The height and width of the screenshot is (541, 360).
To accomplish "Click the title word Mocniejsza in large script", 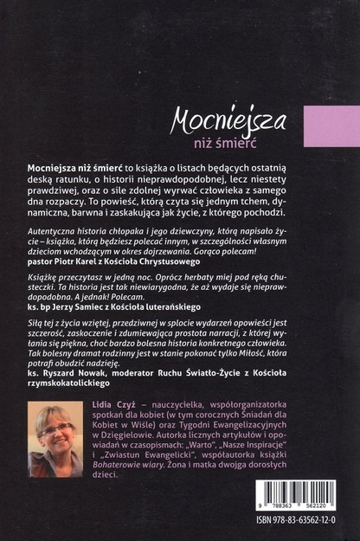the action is click(x=229, y=117).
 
